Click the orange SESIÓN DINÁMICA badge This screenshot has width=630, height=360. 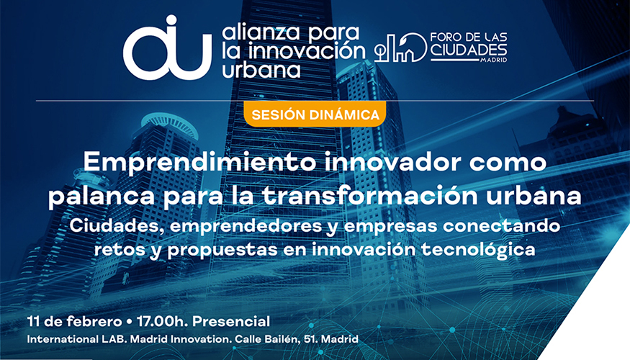coord(315,114)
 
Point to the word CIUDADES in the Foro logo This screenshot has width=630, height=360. coord(469,49)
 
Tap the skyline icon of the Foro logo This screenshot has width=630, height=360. coord(400,48)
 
